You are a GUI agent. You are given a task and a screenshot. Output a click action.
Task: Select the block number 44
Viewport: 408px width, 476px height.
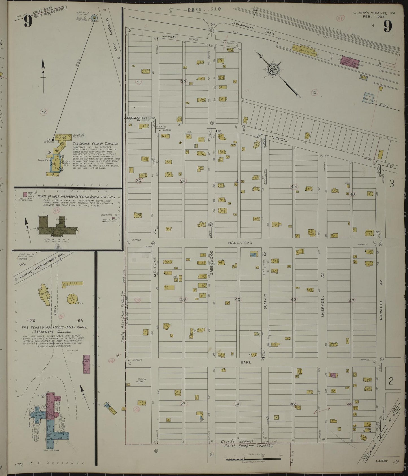(x=294, y=187)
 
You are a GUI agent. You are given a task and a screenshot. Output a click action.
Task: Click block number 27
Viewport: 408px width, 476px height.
(x=183, y=404)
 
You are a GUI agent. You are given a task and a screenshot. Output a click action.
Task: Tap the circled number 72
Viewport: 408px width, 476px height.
(x=43, y=112)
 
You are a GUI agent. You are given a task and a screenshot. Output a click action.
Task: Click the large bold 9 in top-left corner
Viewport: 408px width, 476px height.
(x=28, y=21)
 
